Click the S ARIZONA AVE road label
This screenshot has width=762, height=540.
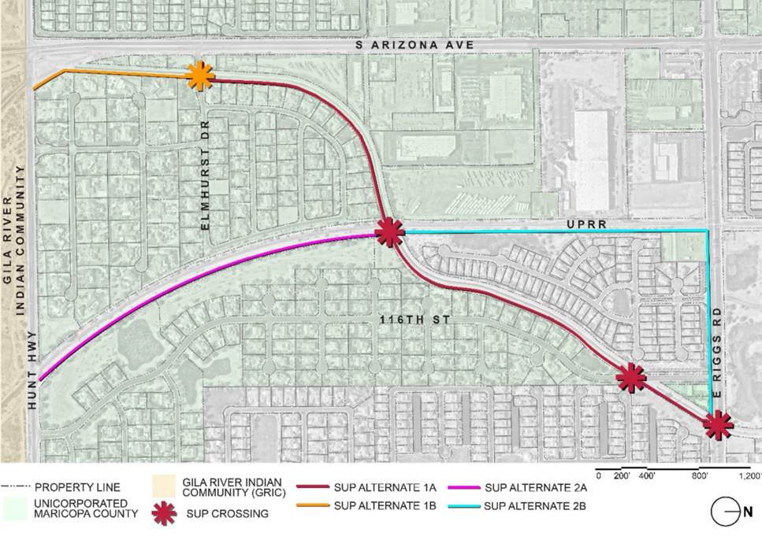(414, 46)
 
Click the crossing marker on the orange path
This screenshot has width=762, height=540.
(200, 76)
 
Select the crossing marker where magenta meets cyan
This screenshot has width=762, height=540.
(388, 232)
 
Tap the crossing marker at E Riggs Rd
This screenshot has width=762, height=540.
(717, 426)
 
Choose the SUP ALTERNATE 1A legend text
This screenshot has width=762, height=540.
(376, 486)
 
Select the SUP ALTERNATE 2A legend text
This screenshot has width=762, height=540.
(536, 486)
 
